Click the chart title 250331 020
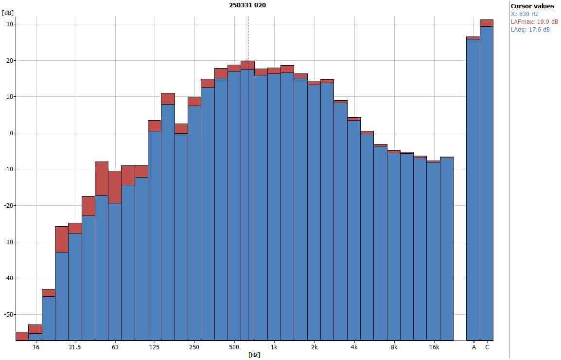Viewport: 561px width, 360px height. pos(247,5)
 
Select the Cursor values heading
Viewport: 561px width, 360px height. pos(532,6)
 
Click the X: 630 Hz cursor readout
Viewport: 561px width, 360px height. pos(525,14)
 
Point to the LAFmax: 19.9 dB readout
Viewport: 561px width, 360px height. pos(533,22)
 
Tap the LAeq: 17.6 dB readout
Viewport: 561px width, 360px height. pos(530,30)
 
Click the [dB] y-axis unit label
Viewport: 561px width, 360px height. pos(7,12)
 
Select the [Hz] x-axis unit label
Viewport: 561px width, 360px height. pos(254,355)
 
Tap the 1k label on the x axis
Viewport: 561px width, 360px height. pos(274,347)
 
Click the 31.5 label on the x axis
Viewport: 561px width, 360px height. pos(74,347)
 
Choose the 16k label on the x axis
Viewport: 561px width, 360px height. pos(434,347)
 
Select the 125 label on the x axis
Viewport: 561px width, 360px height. pos(154,347)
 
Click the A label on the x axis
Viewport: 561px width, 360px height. pos(473,347)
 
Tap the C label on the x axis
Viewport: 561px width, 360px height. pos(487,347)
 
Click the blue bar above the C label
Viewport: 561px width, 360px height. pos(487,185)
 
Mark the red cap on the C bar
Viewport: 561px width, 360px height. pos(487,23)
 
